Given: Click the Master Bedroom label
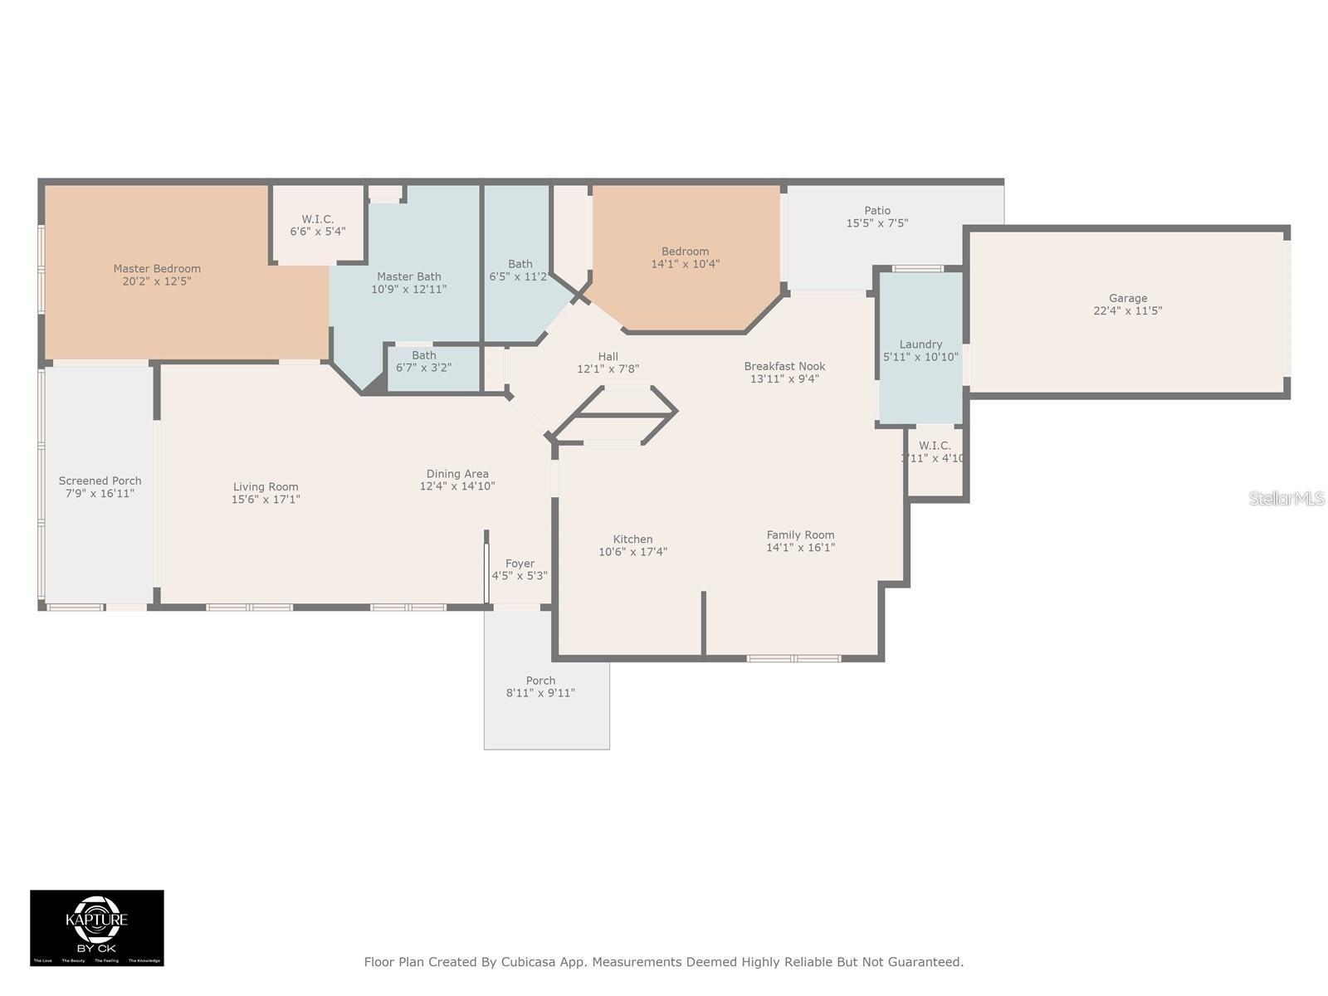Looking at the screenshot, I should click(157, 269).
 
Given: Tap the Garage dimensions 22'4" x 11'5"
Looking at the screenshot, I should click(1128, 311).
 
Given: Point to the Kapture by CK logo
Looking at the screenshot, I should click(97, 927).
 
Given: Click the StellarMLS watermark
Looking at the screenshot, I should click(1286, 498).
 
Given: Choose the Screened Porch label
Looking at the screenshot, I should click(100, 481).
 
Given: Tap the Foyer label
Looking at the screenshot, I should click(520, 564).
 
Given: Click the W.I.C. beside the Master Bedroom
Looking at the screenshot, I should click(318, 225).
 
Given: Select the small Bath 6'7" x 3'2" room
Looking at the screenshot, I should click(423, 362).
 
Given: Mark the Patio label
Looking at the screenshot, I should click(877, 211).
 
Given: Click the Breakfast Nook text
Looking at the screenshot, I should click(784, 366).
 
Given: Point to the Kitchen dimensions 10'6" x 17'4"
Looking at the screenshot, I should click(632, 552).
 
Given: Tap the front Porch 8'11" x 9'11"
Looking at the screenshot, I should click(540, 686).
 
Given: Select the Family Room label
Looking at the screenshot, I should click(800, 535).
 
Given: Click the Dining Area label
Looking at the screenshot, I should click(457, 474).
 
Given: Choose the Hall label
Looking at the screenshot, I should click(608, 357).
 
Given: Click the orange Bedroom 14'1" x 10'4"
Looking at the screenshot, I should click(686, 257).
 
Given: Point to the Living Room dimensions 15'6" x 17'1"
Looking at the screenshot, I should click(266, 500).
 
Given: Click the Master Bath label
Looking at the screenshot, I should click(408, 277).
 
